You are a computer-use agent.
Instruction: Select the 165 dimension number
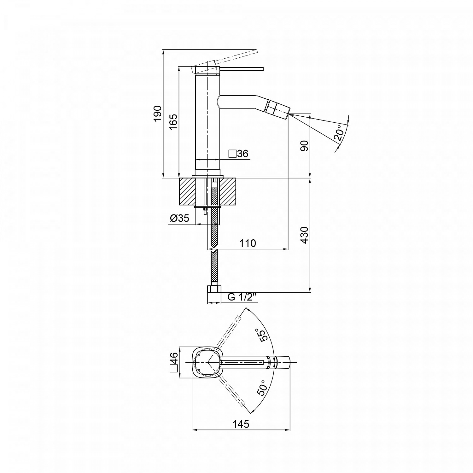tap(173, 122)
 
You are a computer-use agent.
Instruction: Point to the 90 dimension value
tap(304, 146)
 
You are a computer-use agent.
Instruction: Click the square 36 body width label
tap(238, 154)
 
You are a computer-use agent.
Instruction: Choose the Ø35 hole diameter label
tap(179, 218)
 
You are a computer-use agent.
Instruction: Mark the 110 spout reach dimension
tap(248, 243)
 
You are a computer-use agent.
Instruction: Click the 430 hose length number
tap(304, 235)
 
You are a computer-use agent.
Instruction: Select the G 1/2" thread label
tap(240, 297)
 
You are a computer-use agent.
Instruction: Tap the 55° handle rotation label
tap(261, 335)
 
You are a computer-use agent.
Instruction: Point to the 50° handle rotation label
tap(261, 388)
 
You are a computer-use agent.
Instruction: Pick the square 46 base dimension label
tap(174, 363)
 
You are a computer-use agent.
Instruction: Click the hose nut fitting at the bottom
tap(214, 289)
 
